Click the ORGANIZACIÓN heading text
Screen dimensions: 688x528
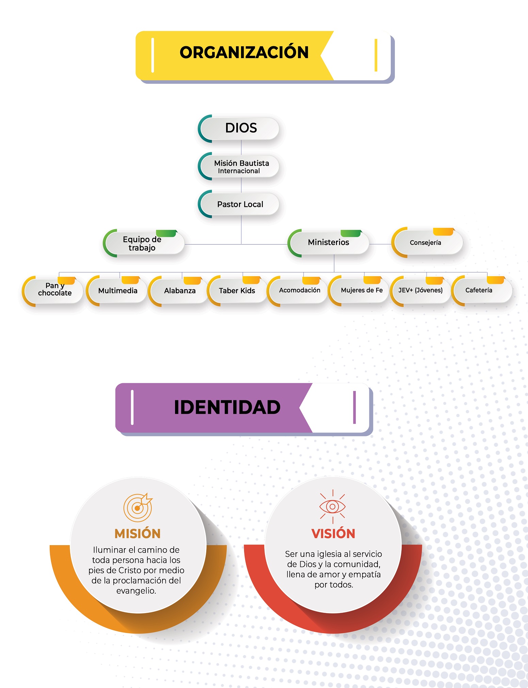click(244, 52)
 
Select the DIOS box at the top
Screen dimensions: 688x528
click(241, 128)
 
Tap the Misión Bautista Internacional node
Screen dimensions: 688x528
click(241, 167)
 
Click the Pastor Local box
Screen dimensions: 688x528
click(240, 204)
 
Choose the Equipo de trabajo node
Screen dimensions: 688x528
click(143, 243)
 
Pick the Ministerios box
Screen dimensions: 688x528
click(329, 242)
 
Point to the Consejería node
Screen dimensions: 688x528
click(426, 243)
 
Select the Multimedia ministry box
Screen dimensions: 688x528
click(118, 291)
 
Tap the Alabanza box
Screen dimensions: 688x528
click(180, 291)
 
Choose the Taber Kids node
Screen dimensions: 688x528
click(237, 291)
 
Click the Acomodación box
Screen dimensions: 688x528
click(300, 290)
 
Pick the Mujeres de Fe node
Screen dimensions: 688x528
click(362, 290)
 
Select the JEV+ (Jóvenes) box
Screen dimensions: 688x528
click(420, 290)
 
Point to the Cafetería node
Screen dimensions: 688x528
click(479, 290)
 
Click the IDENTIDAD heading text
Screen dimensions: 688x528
click(227, 407)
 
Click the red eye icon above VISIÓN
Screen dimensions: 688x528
click(333, 506)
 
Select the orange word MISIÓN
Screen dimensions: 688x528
click(138, 534)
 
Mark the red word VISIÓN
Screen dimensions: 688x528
click(333, 534)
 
